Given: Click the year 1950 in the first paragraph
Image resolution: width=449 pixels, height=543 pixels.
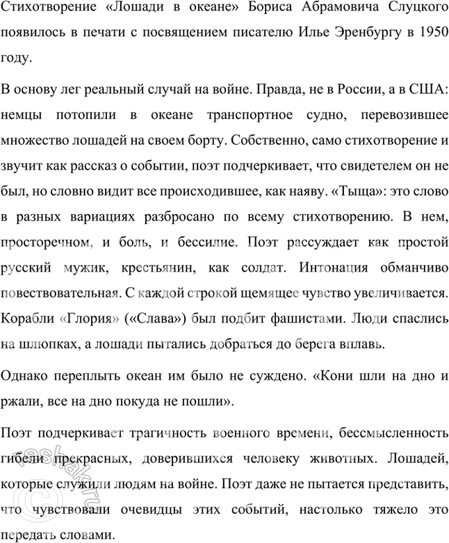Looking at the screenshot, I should tap(430, 33).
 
